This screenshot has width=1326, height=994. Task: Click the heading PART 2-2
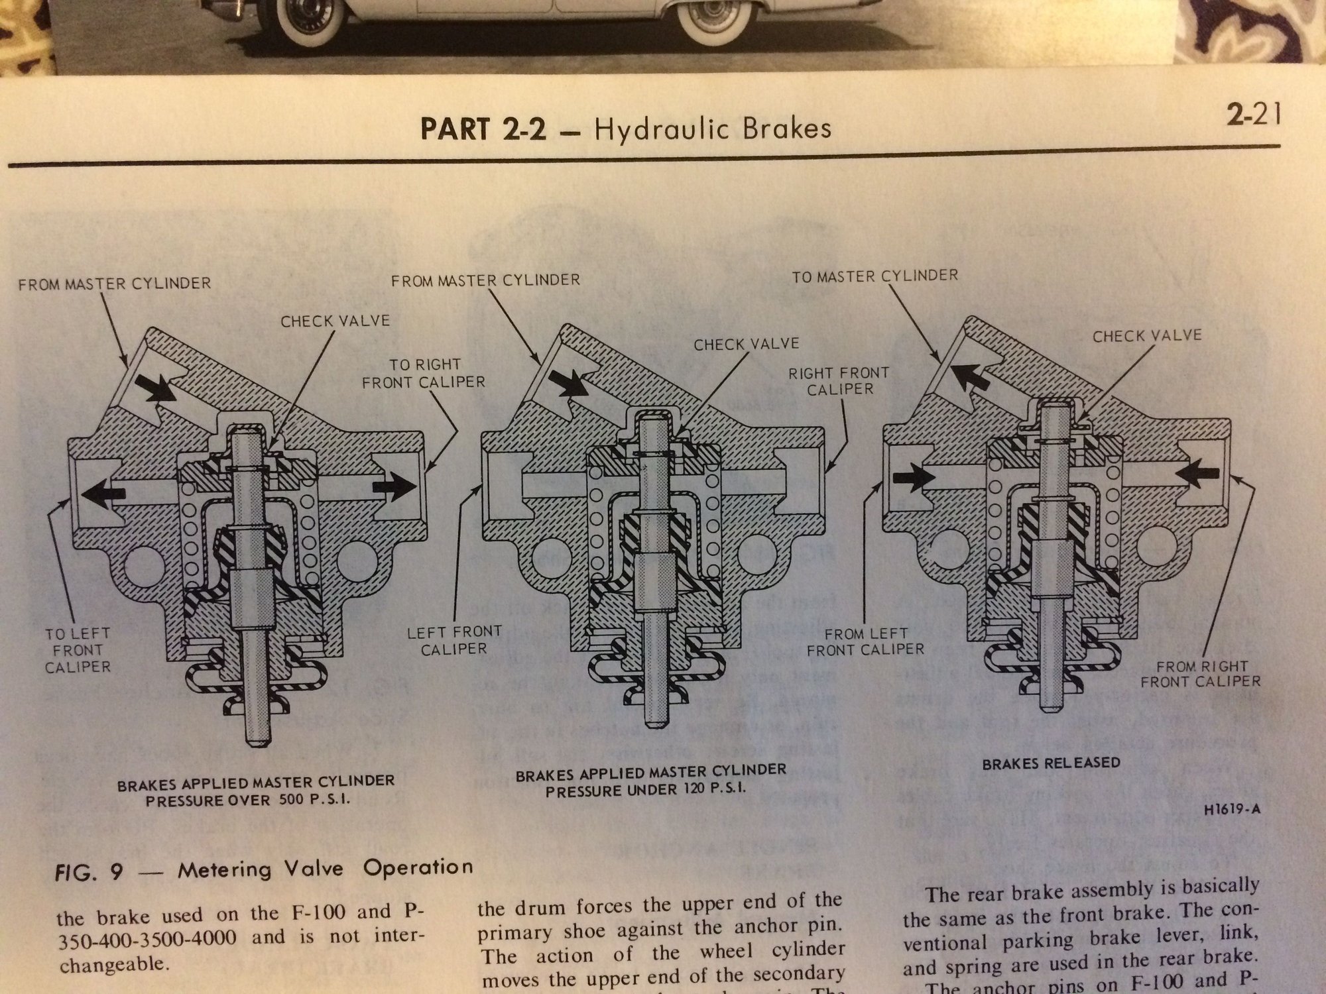point(483,129)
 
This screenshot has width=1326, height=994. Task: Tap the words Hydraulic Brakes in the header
point(713,128)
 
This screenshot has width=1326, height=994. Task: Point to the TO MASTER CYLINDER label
point(874,275)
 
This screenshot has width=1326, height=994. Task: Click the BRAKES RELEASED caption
point(1051,763)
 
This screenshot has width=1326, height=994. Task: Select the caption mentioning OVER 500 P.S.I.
point(256,790)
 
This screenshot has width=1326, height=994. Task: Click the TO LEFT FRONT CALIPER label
point(78,650)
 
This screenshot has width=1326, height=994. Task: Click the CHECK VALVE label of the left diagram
point(335,321)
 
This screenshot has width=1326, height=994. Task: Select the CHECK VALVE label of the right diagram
point(1147,336)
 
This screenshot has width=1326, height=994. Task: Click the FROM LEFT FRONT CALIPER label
point(865,641)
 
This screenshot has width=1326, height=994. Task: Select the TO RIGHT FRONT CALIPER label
point(424,373)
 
